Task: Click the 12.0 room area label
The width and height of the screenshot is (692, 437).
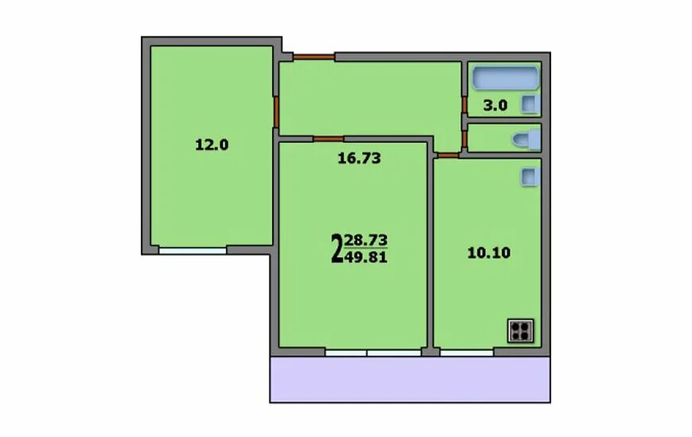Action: coord(212,145)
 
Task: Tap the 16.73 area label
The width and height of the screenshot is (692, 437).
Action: coord(360,158)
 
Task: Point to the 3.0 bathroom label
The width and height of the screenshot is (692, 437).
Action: coord(496,106)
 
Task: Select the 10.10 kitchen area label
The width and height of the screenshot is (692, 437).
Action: coord(489,253)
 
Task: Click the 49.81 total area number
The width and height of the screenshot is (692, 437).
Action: coord(366,257)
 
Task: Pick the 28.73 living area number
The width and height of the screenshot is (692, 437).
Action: coord(366,240)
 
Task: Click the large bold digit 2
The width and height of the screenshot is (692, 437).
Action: coord(336,249)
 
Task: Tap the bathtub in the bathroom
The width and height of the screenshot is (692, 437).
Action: coord(506,78)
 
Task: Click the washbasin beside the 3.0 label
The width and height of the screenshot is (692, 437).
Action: coord(531,105)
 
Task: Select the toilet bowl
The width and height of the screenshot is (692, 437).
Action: coord(527,139)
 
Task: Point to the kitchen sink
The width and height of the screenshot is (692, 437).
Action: coord(531,177)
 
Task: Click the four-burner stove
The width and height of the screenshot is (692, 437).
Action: coord(521,331)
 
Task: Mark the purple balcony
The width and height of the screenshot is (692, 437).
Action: coord(410,379)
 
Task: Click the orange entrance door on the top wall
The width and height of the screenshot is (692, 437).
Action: coord(314,57)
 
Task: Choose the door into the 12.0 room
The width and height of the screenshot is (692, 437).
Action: coord(276,112)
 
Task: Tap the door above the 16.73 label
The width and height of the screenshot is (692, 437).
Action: coord(329,139)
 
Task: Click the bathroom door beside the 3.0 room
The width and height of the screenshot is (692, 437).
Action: coord(465,105)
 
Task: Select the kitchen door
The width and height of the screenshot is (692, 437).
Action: coord(449,155)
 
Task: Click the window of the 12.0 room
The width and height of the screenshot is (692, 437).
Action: coord(192,250)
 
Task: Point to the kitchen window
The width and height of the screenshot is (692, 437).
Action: coord(466,353)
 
